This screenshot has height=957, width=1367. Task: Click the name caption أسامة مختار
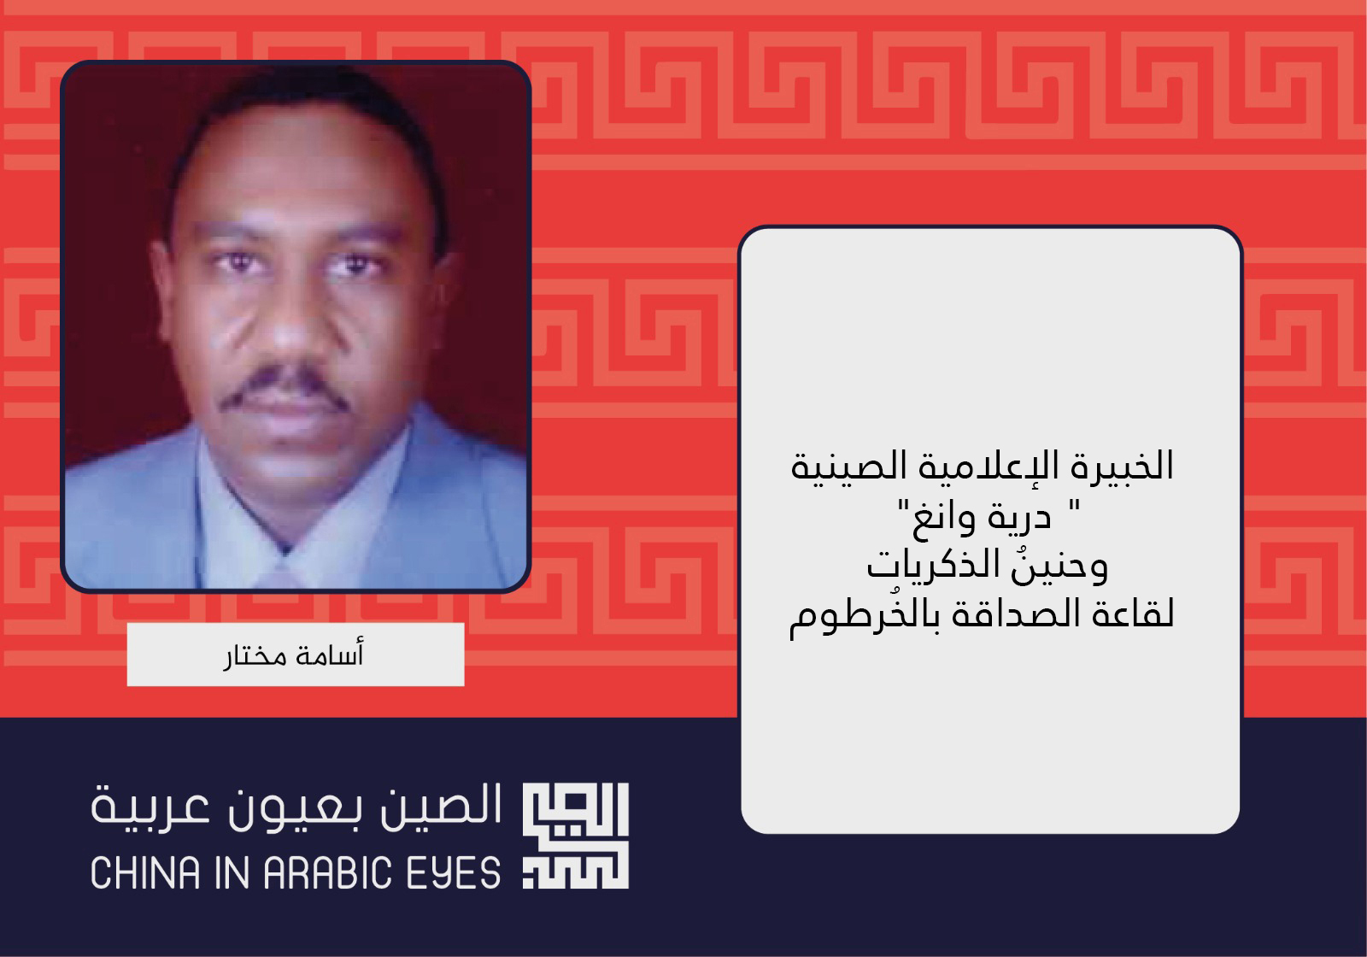(294, 655)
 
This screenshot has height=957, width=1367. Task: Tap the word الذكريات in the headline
(927, 565)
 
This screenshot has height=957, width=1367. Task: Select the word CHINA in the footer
(146, 872)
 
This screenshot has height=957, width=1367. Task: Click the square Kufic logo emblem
(576, 835)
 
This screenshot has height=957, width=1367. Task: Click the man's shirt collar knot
(283, 571)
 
